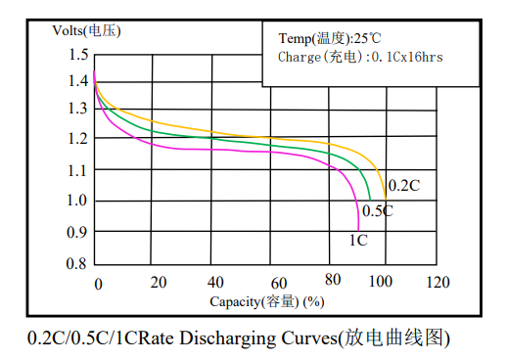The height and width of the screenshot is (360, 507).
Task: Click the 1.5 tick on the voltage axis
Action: pos(78,54)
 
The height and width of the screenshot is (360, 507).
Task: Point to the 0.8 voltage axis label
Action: pos(76,263)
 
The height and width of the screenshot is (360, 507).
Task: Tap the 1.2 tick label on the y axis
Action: pos(77,139)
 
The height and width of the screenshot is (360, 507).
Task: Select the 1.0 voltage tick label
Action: pos(77,201)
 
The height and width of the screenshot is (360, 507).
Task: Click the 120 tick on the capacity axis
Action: pos(438,282)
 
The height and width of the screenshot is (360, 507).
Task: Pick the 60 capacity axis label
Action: pos(279,284)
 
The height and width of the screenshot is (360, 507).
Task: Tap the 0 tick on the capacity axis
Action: pos(98,284)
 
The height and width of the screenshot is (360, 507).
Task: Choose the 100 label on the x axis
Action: pos(381,281)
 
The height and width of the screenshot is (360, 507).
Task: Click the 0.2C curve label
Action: pos(404,186)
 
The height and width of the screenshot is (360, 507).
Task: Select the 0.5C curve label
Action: pos(378,210)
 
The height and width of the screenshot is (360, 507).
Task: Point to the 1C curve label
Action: pos(358,241)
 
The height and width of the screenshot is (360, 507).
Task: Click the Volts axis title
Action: pos(86,31)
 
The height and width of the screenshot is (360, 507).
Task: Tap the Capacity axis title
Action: pos(267,301)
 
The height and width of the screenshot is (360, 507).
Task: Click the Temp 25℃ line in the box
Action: pos(330,38)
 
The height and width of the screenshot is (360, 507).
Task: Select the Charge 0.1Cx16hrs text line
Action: pos(360,57)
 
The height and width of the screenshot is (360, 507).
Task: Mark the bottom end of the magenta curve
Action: pos(358,231)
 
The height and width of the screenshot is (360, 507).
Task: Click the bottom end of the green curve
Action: pos(370,200)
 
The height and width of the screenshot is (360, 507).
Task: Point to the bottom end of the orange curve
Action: pos(386,200)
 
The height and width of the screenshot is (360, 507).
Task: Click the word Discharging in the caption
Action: pos(227,338)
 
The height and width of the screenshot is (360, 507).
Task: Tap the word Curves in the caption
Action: pos(309,337)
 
